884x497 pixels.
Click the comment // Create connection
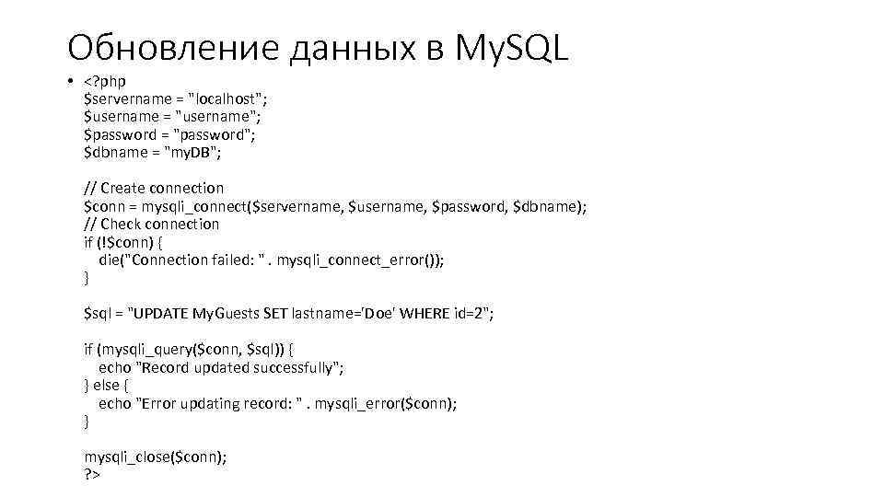154,188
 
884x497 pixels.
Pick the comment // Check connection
152,224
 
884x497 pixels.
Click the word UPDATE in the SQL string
161,314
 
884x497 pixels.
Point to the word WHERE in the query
423,314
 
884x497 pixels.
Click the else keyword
106,386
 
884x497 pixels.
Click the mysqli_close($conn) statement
155,457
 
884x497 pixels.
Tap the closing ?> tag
91,475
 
